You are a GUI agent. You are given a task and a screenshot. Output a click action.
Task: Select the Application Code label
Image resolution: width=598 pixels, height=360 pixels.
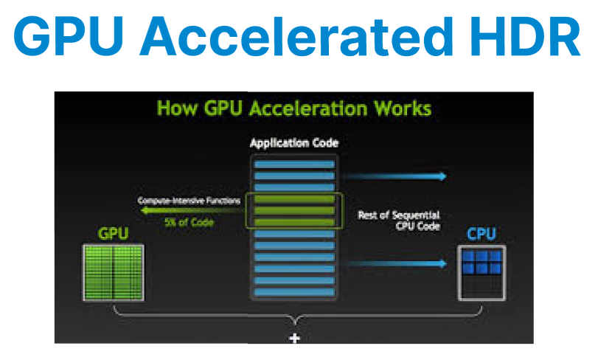[294, 143]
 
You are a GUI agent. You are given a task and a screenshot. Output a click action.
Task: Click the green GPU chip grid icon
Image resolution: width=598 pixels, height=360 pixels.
[114, 272]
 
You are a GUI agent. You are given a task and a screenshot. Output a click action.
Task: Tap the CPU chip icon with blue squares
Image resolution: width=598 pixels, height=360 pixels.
[482, 273]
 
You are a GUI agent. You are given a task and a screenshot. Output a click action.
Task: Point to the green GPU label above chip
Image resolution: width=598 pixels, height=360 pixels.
[114, 233]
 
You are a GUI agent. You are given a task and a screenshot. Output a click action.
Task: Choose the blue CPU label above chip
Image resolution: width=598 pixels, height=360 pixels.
[481, 233]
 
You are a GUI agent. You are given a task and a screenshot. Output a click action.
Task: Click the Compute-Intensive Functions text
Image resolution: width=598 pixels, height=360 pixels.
[190, 201]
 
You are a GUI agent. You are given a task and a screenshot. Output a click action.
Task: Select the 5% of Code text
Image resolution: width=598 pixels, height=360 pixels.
[190, 222]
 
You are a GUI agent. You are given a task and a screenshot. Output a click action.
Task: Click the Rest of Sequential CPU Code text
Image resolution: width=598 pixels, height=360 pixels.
[399, 221]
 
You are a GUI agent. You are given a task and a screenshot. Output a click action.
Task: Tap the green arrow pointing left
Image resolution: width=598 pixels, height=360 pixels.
[192, 211]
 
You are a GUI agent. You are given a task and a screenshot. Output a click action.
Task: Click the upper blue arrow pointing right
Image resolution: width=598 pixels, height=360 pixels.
[394, 176]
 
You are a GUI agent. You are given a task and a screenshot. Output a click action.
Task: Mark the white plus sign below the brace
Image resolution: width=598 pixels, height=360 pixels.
[294, 338]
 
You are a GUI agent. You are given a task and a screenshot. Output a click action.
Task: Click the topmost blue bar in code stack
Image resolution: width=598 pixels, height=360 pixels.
[294, 165]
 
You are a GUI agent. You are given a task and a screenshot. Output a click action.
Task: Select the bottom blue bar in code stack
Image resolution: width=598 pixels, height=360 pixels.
[294, 292]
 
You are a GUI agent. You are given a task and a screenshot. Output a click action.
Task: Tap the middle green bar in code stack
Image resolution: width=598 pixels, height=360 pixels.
[294, 211]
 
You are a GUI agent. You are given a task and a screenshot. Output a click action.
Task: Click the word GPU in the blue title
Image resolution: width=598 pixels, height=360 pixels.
[69, 36]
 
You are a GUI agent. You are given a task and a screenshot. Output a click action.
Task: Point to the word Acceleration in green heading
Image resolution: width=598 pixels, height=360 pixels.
[307, 108]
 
